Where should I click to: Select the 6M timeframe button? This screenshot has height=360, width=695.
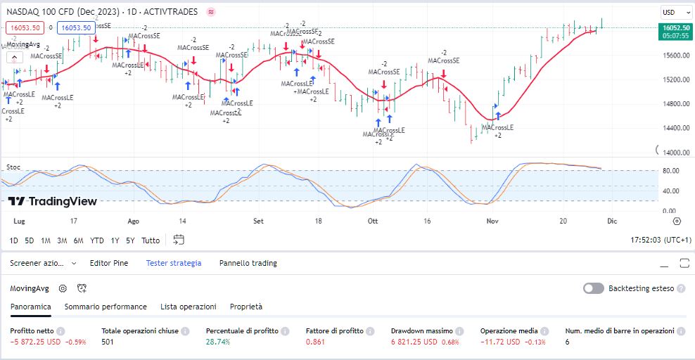point(78,240)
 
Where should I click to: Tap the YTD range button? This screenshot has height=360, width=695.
point(96,240)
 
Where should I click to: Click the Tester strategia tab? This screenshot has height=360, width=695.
point(174,263)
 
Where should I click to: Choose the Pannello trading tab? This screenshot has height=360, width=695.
point(248,263)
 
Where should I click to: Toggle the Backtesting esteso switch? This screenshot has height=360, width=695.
point(593,288)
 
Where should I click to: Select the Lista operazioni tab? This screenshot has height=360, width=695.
point(188,307)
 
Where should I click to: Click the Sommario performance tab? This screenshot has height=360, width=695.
point(106,307)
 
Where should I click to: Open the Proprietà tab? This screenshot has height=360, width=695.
point(246,307)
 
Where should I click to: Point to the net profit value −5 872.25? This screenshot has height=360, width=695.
point(34,342)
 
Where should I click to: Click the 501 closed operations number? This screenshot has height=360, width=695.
point(108,342)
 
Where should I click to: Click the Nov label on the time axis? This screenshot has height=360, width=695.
point(492,221)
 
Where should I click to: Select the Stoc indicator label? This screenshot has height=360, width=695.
point(13,167)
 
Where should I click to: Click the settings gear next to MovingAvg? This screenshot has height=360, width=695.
point(63,288)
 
